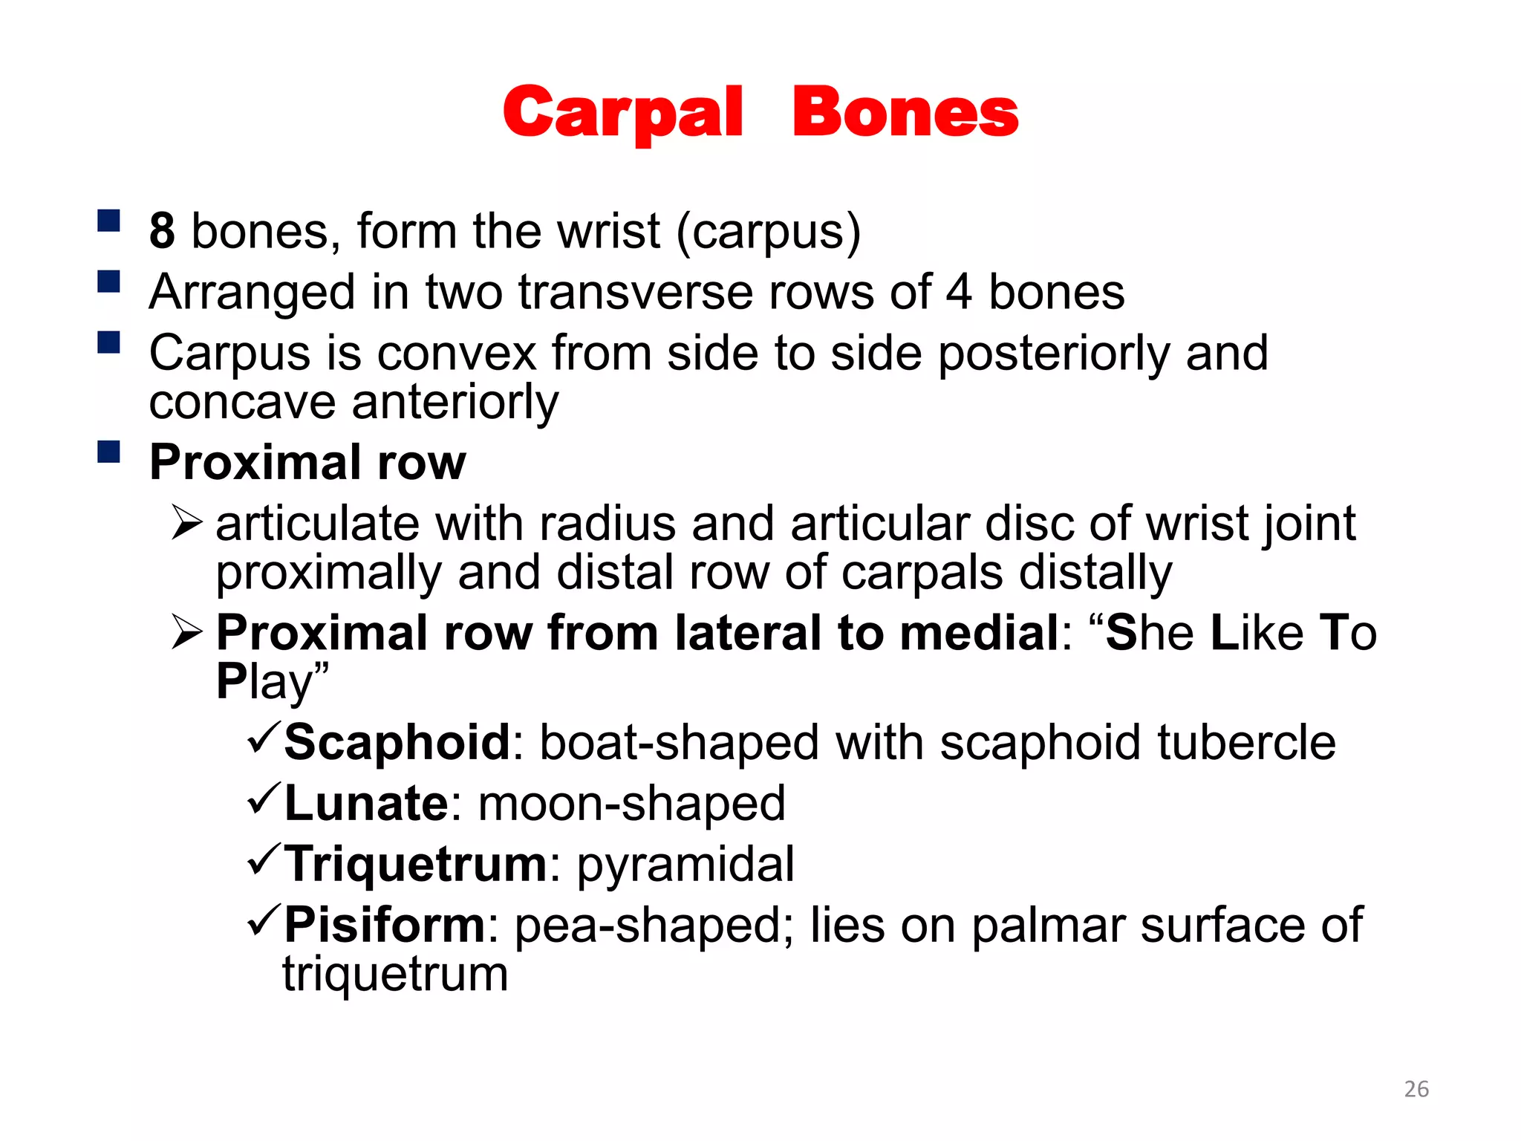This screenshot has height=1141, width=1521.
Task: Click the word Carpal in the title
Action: click(622, 114)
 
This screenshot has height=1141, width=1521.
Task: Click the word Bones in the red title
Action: click(905, 114)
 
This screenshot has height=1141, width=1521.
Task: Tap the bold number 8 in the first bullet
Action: click(162, 231)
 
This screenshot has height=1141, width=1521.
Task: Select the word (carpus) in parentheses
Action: click(768, 232)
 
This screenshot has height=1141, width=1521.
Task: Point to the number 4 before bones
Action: click(958, 292)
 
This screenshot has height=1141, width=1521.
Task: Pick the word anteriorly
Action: click(455, 403)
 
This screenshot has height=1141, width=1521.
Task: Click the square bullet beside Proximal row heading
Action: click(109, 452)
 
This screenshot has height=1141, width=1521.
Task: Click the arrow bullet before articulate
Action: click(186, 522)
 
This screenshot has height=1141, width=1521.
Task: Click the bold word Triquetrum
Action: click(416, 864)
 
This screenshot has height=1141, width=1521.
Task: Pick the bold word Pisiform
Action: click(385, 925)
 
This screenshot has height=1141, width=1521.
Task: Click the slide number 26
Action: click(1416, 1089)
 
